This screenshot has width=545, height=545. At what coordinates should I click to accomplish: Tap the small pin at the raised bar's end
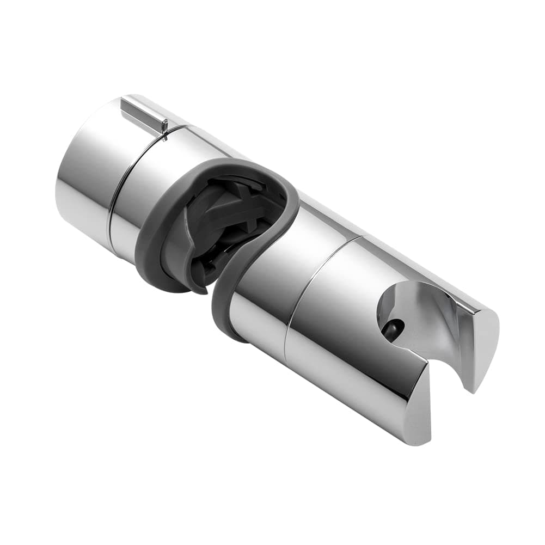tap(164, 128)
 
